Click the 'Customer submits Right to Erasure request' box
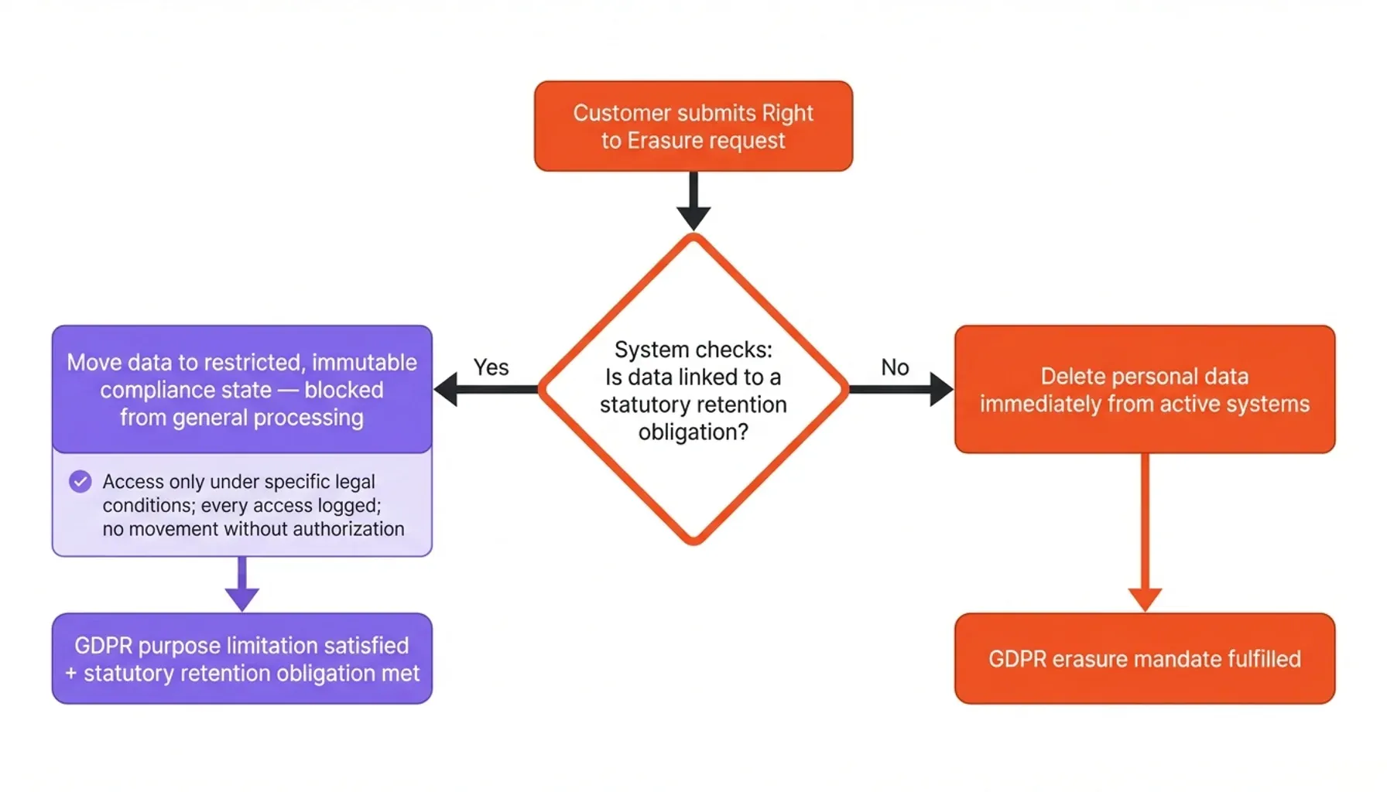tap(693, 126)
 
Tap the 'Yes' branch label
tap(491, 367)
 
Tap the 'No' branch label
tap(895, 367)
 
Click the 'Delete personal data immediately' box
tap(1144, 389)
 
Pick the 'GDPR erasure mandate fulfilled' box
tap(1144, 658)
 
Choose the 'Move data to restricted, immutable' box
tap(241, 389)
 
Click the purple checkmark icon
tap(80, 482)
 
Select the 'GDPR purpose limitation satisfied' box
tap(241, 658)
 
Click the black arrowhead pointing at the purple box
tap(447, 389)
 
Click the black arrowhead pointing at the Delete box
tap(940, 389)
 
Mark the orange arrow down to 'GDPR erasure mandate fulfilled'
tap(1144, 534)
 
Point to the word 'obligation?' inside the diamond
tap(693, 432)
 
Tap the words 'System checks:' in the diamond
tap(693, 350)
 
